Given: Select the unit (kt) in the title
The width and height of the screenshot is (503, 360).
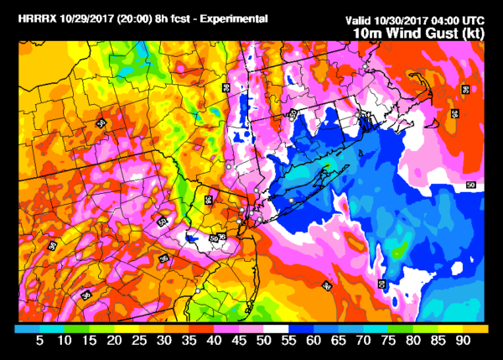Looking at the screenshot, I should coord(474,33).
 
